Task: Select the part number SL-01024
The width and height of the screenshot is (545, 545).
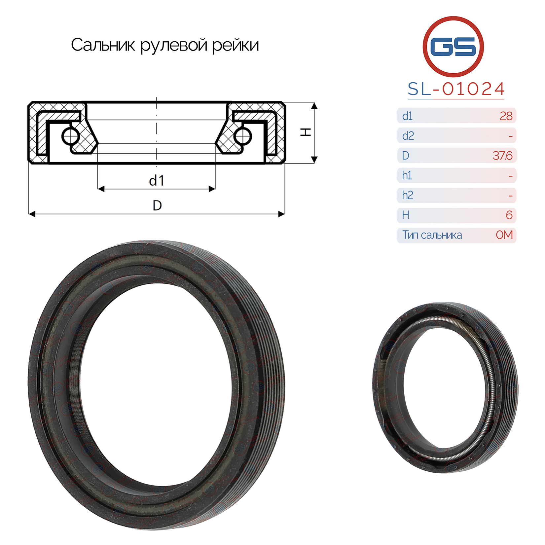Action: coord(456,89)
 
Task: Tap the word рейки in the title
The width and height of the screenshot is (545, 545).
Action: coord(235,46)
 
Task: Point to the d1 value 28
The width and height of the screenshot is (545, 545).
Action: coord(506,116)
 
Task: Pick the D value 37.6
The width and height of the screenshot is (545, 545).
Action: coord(502,156)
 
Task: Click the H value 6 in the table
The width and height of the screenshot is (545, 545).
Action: coord(509,215)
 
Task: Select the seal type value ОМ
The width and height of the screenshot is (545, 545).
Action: coord(504,235)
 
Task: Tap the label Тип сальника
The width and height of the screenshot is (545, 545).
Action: coord(432,235)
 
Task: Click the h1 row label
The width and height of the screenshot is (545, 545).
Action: coord(407,175)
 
